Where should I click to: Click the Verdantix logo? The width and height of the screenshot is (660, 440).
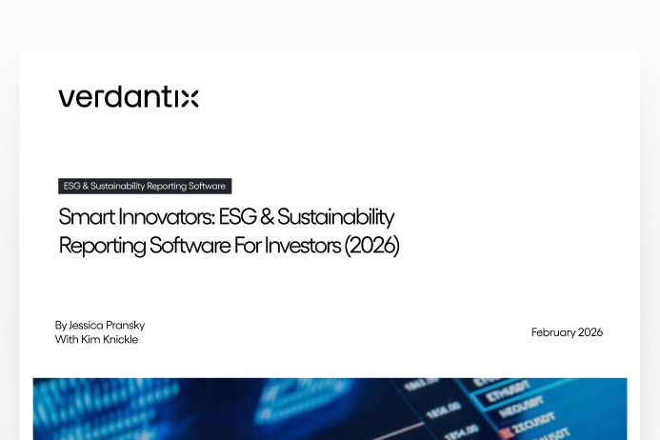point(128,97)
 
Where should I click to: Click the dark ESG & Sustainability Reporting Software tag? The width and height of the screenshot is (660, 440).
point(145,186)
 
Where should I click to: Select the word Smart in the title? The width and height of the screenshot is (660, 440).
point(82,217)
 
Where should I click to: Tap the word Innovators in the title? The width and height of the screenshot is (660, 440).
point(156,217)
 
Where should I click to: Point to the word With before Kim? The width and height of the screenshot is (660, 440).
point(66,339)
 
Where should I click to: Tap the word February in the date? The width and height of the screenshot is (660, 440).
point(553,332)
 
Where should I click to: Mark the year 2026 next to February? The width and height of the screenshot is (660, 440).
point(590,332)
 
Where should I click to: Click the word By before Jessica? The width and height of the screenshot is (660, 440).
point(61,325)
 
